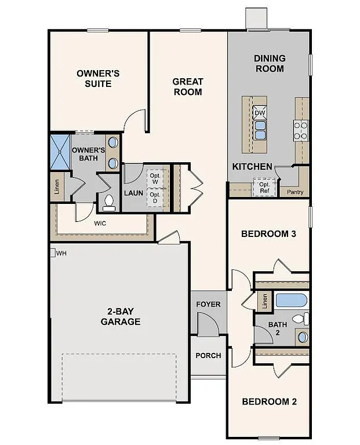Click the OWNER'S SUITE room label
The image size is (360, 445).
[x=98, y=79]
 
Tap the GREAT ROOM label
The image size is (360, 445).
[x=187, y=86]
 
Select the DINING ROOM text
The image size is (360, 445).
[x=270, y=63]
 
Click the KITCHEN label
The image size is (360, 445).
[x=252, y=166]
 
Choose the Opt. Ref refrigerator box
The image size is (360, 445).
[x=264, y=187]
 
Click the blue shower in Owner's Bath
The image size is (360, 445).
[x=60, y=152]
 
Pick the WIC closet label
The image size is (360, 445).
[x=100, y=222]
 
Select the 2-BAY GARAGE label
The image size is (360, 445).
[x=120, y=316]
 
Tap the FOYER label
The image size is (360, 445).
[x=208, y=304]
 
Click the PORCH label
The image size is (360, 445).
[x=208, y=355]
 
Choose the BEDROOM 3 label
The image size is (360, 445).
[x=269, y=234]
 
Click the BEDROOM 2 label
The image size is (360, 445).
[x=269, y=402]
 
